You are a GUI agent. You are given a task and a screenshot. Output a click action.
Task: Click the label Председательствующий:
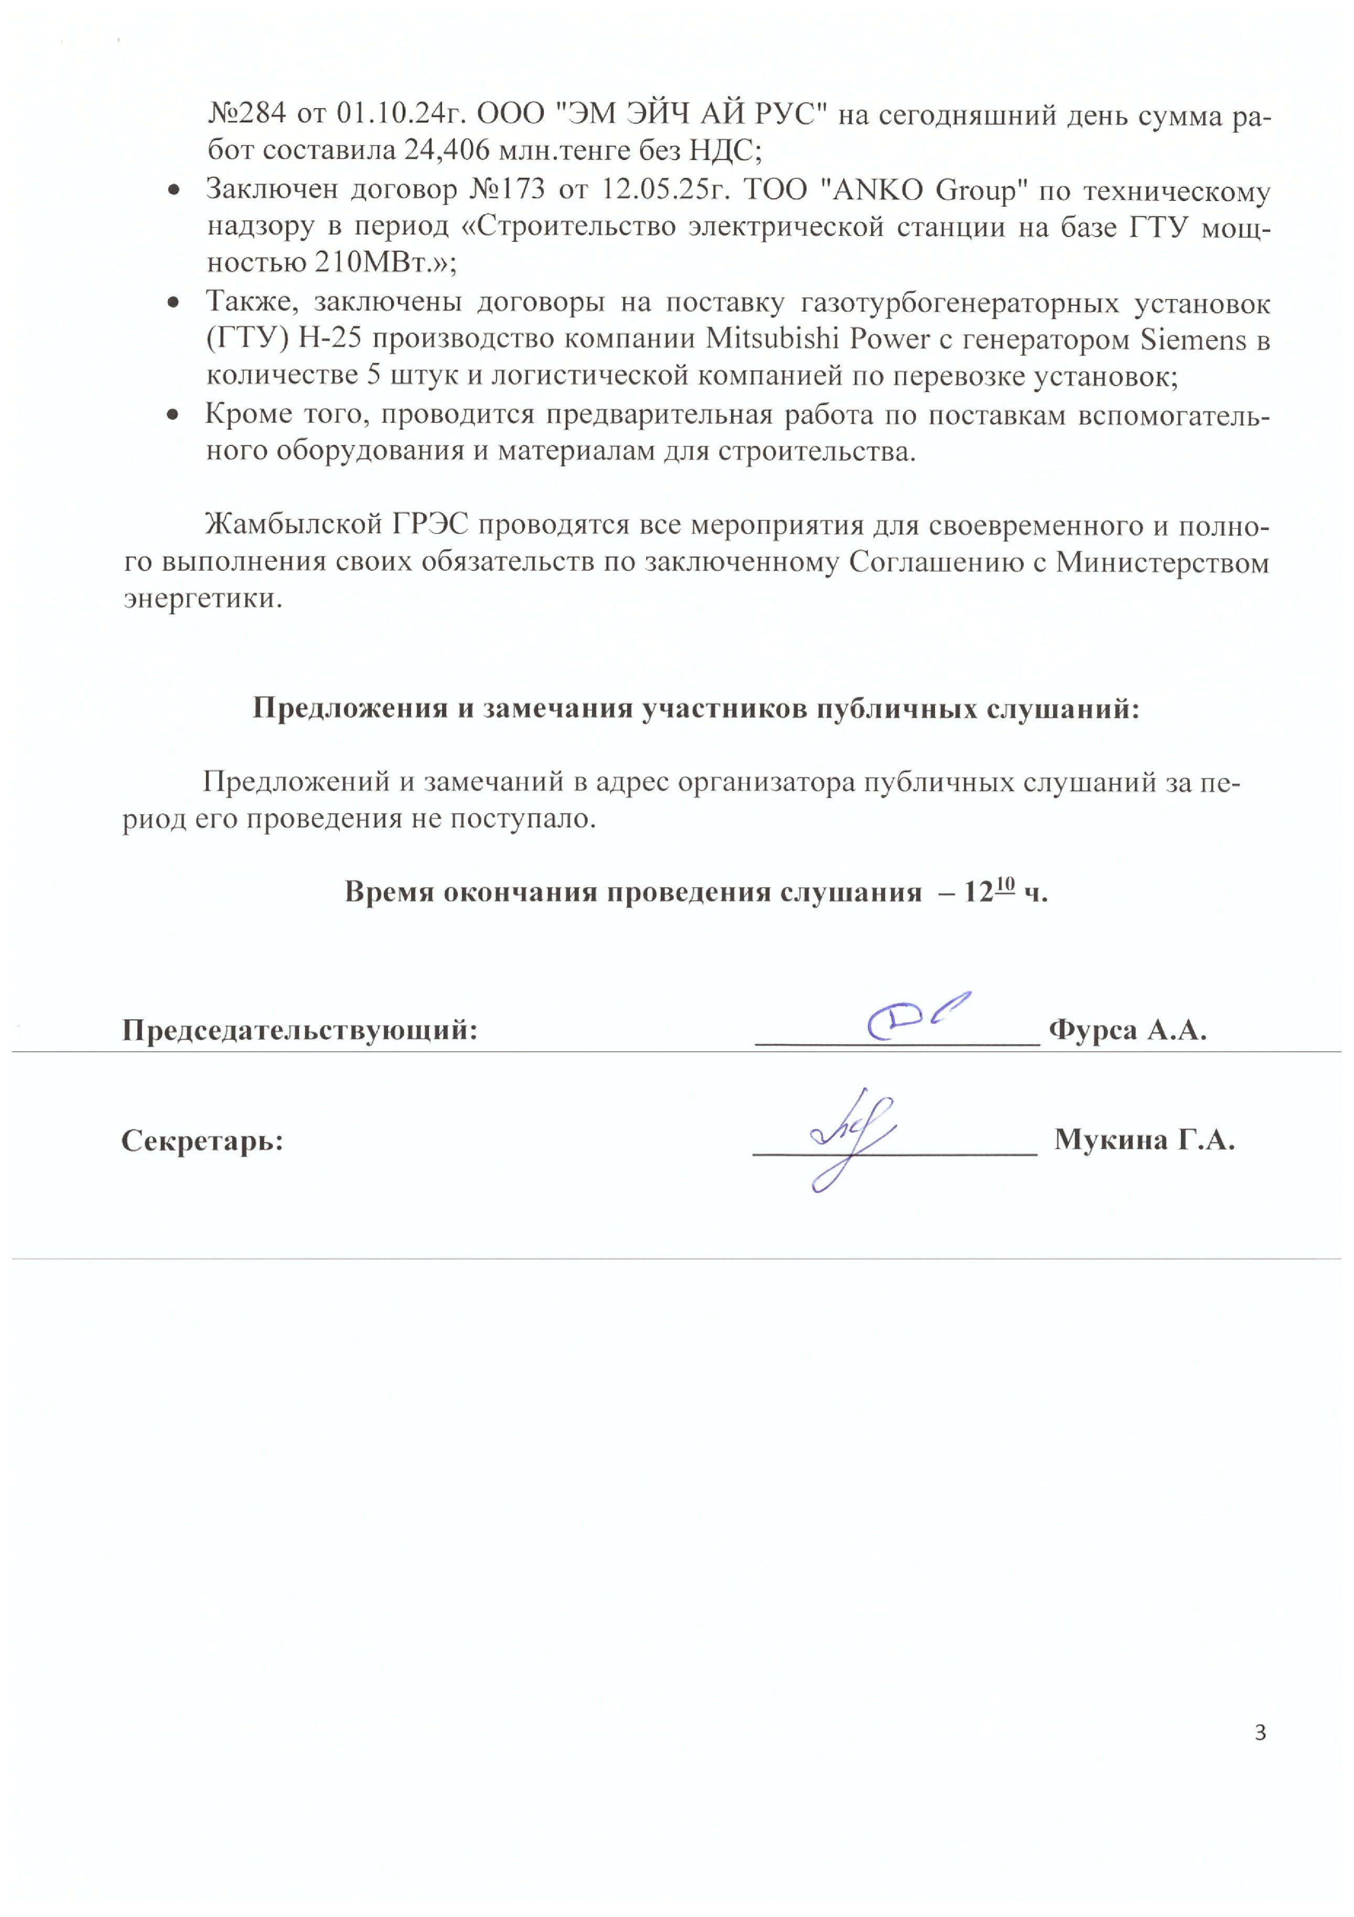299,1029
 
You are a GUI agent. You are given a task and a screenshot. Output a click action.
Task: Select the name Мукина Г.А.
1144,1139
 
